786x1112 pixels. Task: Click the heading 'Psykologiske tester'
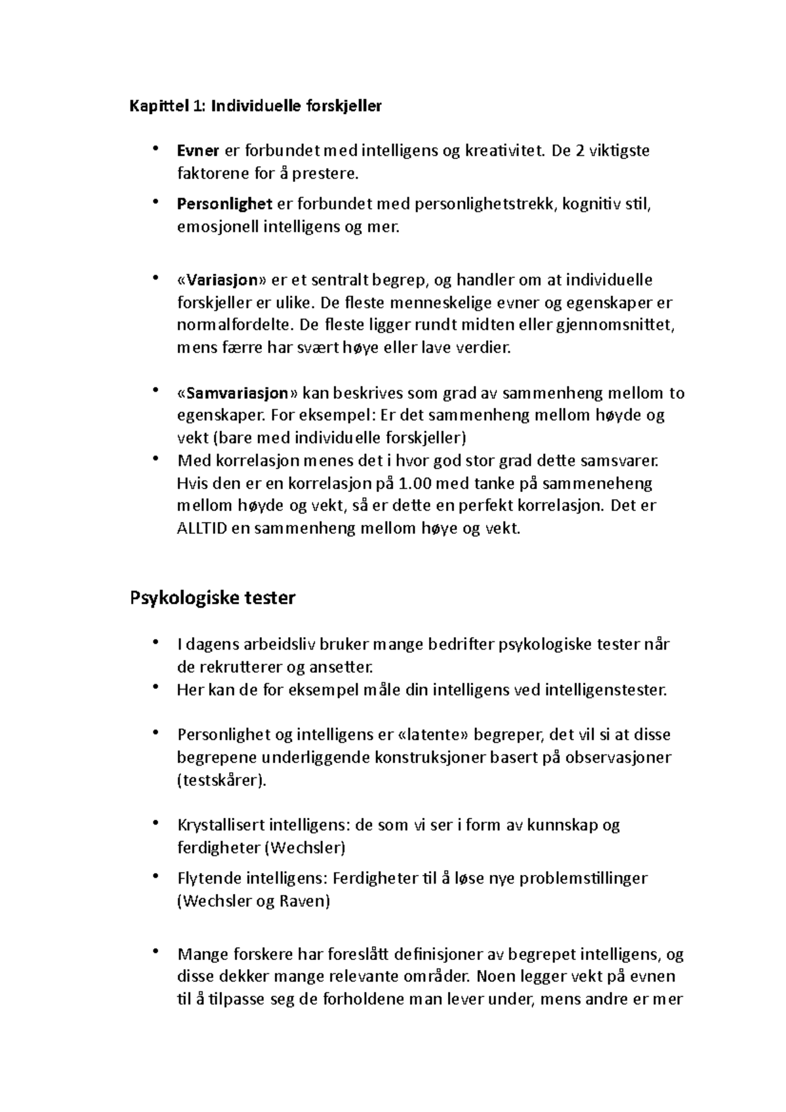213,598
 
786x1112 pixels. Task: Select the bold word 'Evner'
198,151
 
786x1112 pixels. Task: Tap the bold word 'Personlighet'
225,204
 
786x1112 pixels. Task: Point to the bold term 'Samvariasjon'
237,393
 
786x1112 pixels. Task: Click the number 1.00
416,483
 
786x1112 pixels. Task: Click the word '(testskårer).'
222,780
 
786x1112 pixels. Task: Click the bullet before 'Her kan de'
155,686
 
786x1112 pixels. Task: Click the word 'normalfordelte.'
236,325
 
